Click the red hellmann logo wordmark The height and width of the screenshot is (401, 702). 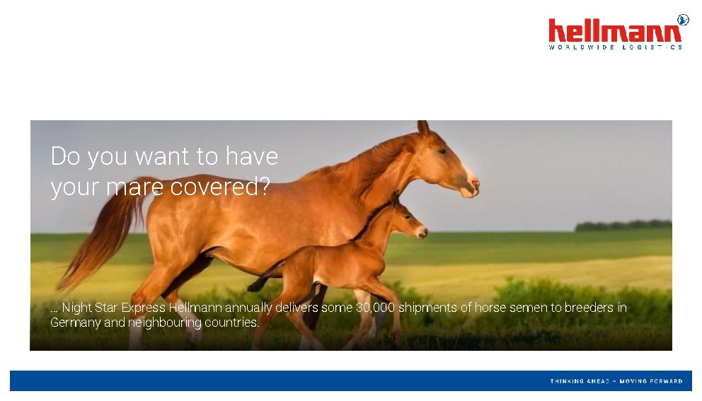(615, 32)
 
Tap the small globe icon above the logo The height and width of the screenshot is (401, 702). (683, 19)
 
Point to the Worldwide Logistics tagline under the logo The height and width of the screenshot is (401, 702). (615, 47)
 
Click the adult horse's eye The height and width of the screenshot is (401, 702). (442, 151)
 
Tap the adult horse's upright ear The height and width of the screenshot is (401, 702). (422, 127)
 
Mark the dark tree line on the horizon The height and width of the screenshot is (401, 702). (623, 226)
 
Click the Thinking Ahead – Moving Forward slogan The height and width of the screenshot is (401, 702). (616, 381)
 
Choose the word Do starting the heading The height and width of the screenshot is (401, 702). (65, 156)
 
